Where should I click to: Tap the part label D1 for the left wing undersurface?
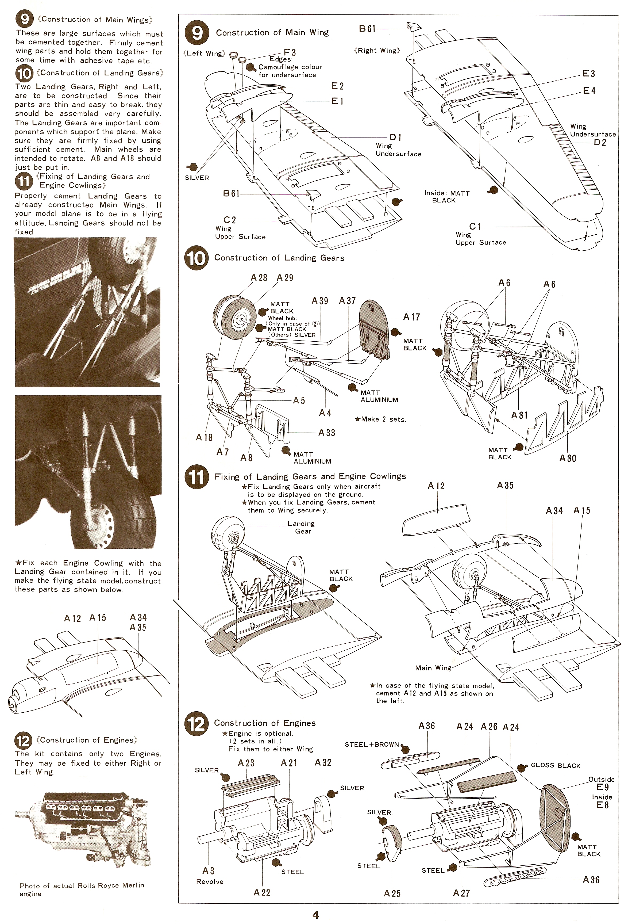pyautogui.click(x=395, y=138)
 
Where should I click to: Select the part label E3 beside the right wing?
pyautogui.click(x=589, y=74)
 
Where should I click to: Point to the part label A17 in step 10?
pyautogui.click(x=411, y=317)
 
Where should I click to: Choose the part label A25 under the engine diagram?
pyautogui.click(x=392, y=894)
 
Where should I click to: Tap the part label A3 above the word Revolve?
pyautogui.click(x=208, y=871)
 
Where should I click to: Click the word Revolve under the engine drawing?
pyautogui.click(x=210, y=881)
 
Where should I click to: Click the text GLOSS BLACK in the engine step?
pyautogui.click(x=556, y=765)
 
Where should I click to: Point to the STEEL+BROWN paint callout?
pyautogui.click(x=372, y=744)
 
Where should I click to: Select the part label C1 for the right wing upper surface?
pyautogui.click(x=475, y=227)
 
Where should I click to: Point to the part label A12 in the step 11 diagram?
pyautogui.click(x=436, y=486)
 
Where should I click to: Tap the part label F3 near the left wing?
pyautogui.click(x=290, y=52)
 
